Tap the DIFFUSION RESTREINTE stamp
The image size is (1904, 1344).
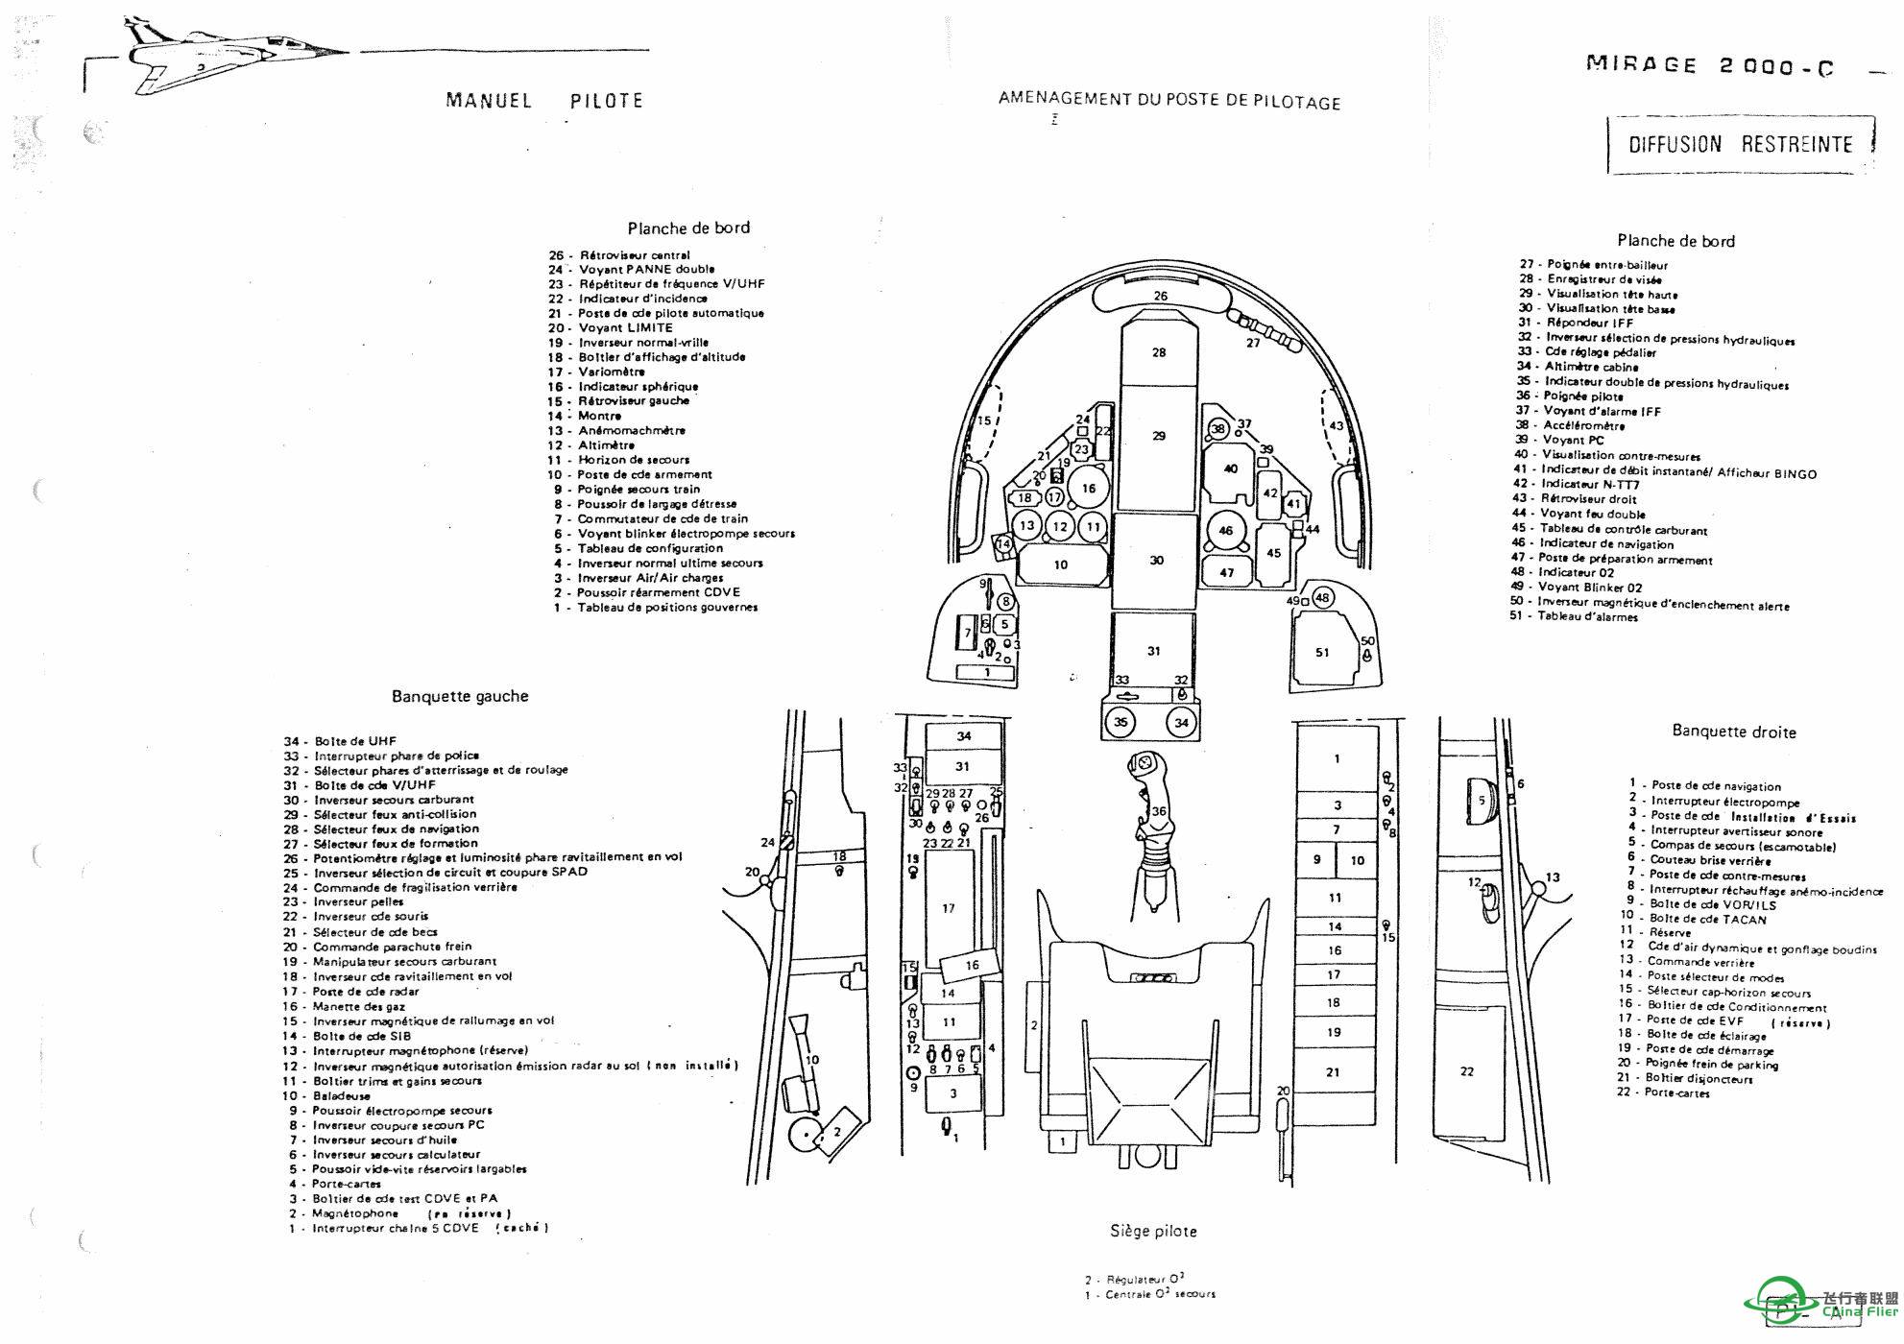pyautogui.click(x=1740, y=145)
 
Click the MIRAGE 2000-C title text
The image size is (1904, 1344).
pyautogui.click(x=1709, y=66)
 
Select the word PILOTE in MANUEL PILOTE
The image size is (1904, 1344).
pyautogui.click(x=606, y=101)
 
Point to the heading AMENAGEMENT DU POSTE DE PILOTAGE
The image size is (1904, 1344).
pyautogui.click(x=1169, y=100)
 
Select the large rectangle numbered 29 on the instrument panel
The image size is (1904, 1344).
pyautogui.click(x=1159, y=437)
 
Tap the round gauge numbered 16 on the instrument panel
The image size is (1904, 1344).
pyautogui.click(x=1089, y=488)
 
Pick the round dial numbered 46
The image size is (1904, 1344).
pyautogui.click(x=1225, y=530)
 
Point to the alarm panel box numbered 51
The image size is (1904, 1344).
pyautogui.click(x=1323, y=652)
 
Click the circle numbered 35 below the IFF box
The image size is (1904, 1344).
pyautogui.click(x=1121, y=722)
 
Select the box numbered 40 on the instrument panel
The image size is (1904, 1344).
pyautogui.click(x=1231, y=468)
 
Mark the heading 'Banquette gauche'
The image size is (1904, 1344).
pyautogui.click(x=460, y=696)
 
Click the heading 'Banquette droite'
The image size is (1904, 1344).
pyautogui.click(x=1733, y=732)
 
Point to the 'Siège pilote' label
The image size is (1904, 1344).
pyautogui.click(x=1153, y=1231)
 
